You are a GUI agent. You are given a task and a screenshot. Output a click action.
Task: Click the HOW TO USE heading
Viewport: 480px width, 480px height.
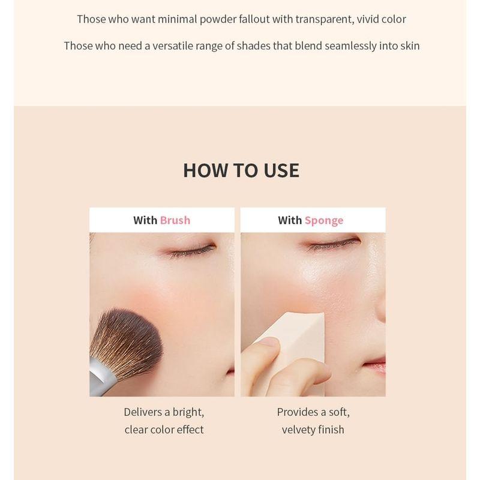pos(241,170)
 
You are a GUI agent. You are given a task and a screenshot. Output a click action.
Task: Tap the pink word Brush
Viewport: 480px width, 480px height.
pos(175,220)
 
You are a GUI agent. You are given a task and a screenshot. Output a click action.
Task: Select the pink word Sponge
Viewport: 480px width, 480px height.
pos(324,221)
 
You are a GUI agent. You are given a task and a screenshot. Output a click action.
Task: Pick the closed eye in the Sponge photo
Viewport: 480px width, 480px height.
pos(334,245)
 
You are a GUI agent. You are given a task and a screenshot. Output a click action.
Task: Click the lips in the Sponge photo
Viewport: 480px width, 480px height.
pos(376,364)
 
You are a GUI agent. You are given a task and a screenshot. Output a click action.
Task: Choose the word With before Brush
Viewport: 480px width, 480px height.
pos(145,220)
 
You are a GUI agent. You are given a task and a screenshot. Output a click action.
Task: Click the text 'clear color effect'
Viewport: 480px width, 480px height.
pos(164,430)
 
